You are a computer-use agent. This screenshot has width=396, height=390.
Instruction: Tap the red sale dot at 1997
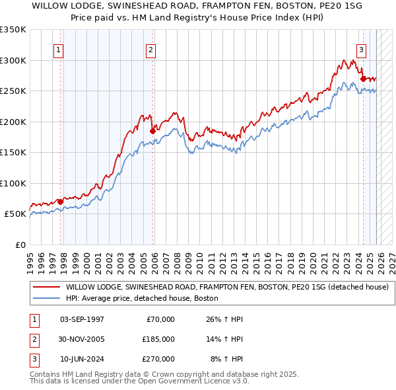pyautogui.click(x=60, y=202)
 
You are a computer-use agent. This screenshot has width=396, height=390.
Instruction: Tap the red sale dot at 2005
pyautogui.click(x=152, y=131)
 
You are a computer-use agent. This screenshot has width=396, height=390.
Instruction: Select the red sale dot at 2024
pyautogui.click(x=363, y=79)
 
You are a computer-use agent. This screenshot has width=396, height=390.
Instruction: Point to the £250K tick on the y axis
pyautogui.click(x=13, y=91)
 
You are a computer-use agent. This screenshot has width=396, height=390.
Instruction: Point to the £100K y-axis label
pyautogui.click(x=13, y=183)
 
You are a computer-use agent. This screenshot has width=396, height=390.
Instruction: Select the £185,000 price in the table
pyautogui.click(x=158, y=339)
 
